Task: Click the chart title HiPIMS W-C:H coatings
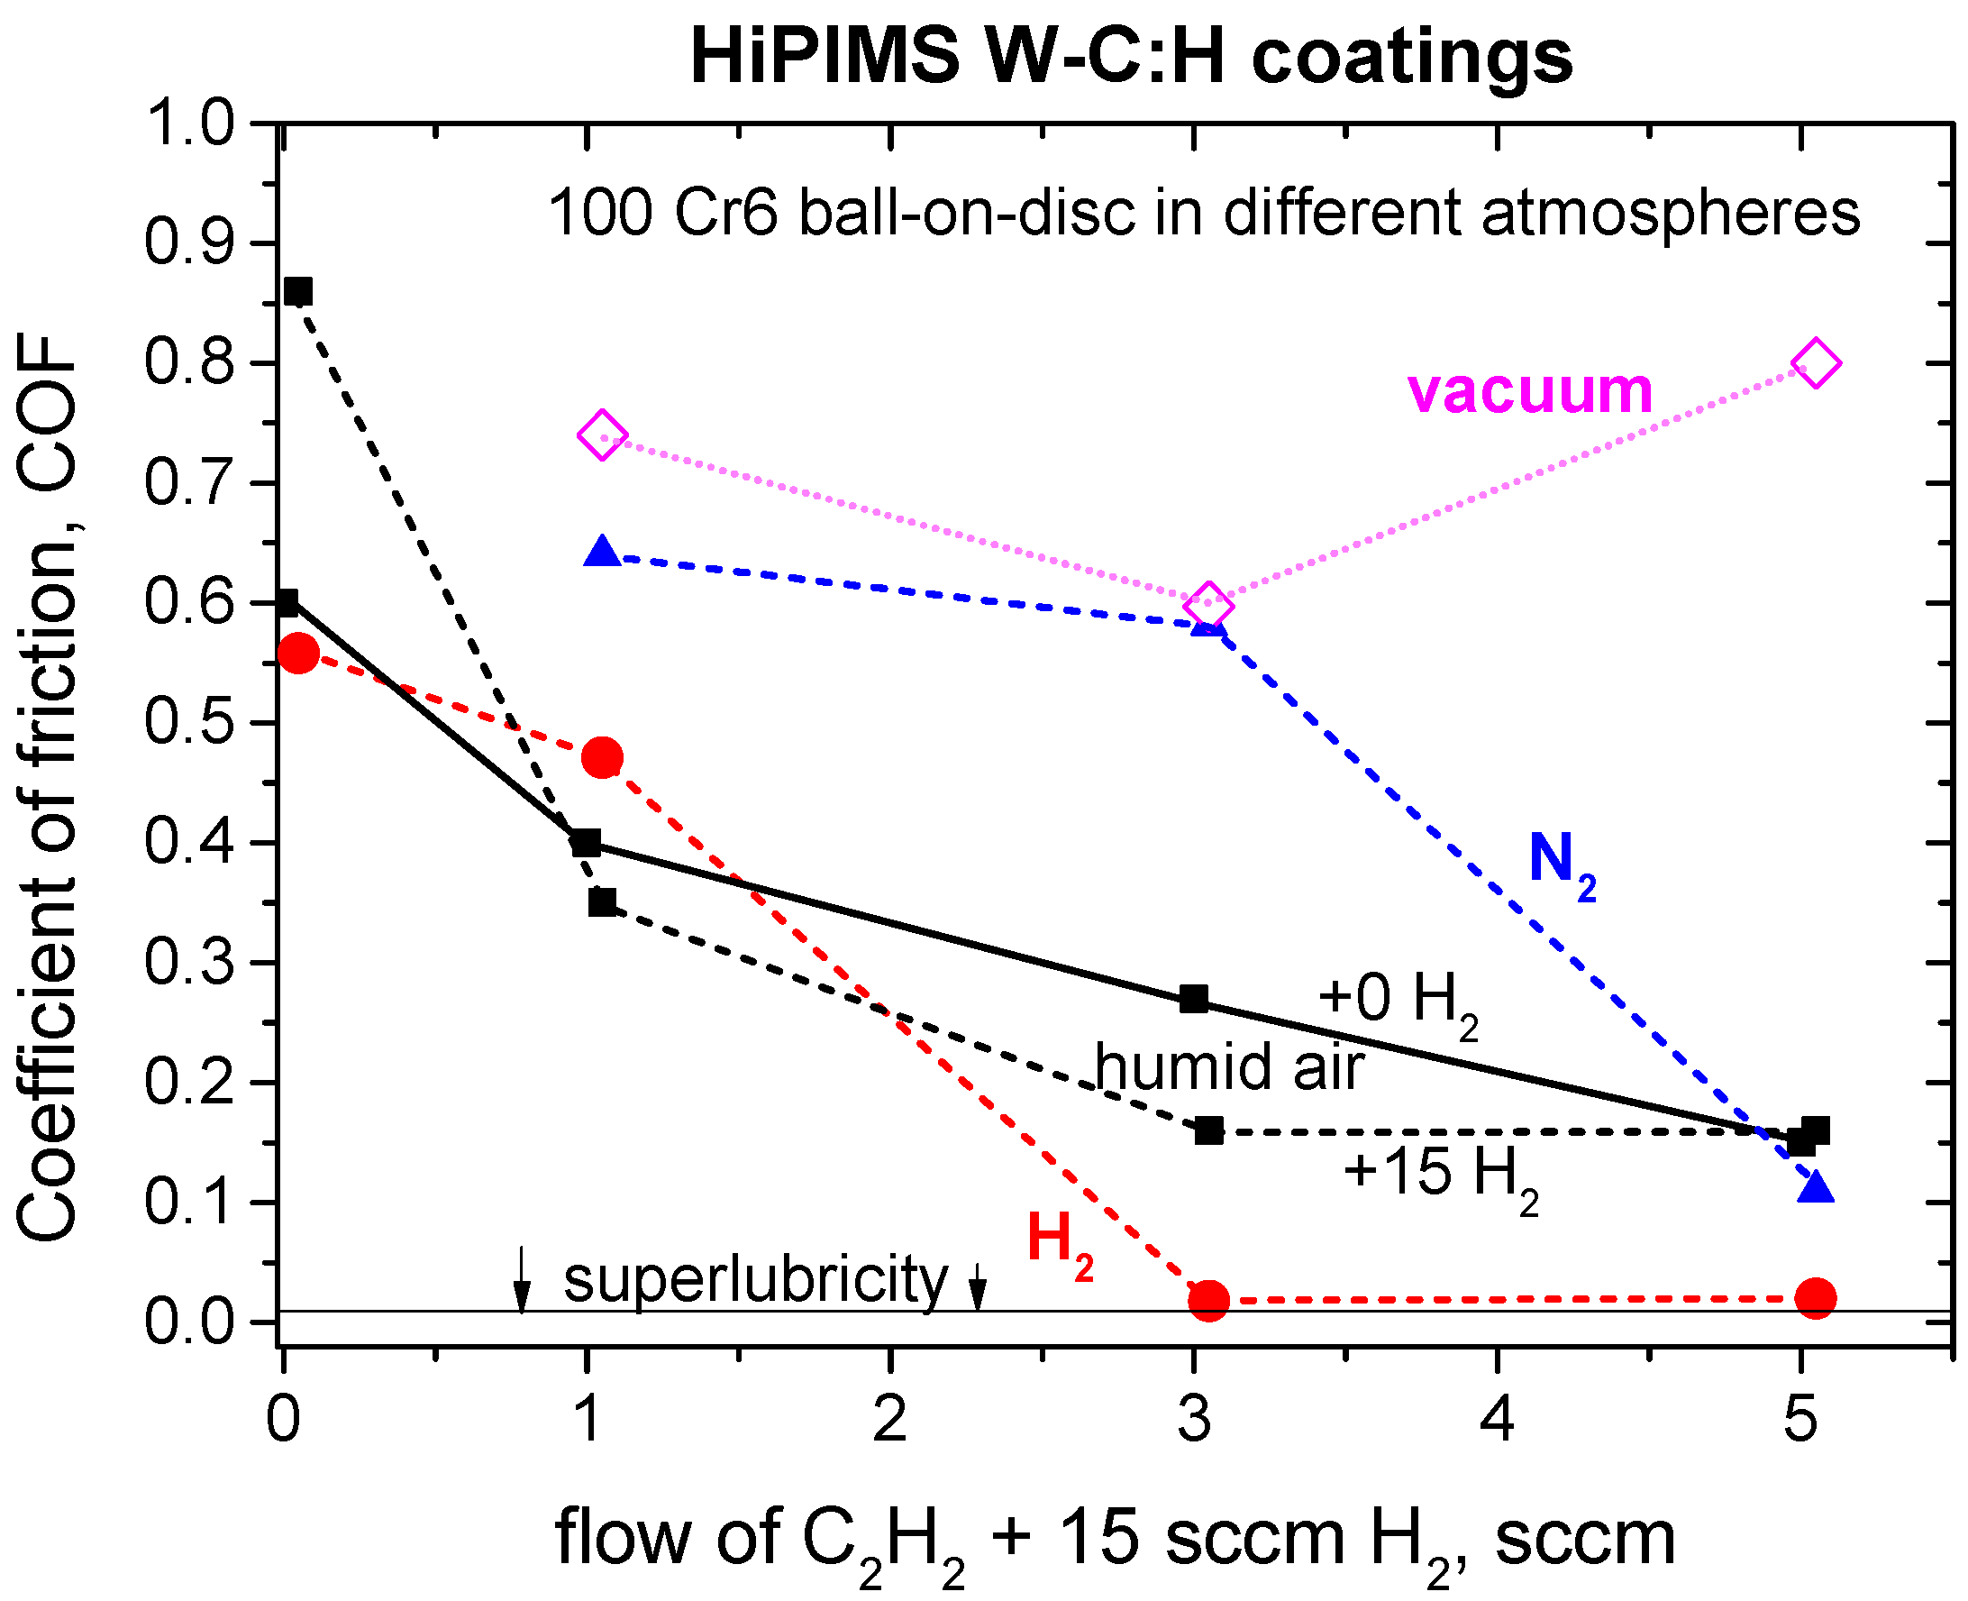(x=1131, y=55)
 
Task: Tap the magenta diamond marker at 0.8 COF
(x=1815, y=363)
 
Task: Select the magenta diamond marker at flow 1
(x=602, y=435)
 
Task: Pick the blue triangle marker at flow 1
(x=602, y=553)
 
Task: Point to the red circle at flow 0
(x=297, y=654)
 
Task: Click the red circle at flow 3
(x=1208, y=1300)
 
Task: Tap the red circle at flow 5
(x=1815, y=1298)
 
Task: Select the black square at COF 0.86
(x=297, y=291)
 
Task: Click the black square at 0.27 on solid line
(x=1194, y=999)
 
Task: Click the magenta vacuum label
(x=1529, y=390)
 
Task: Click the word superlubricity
(x=755, y=1280)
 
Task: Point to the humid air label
(x=1229, y=1067)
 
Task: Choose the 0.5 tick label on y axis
(x=189, y=722)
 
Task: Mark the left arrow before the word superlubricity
(x=522, y=1280)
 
